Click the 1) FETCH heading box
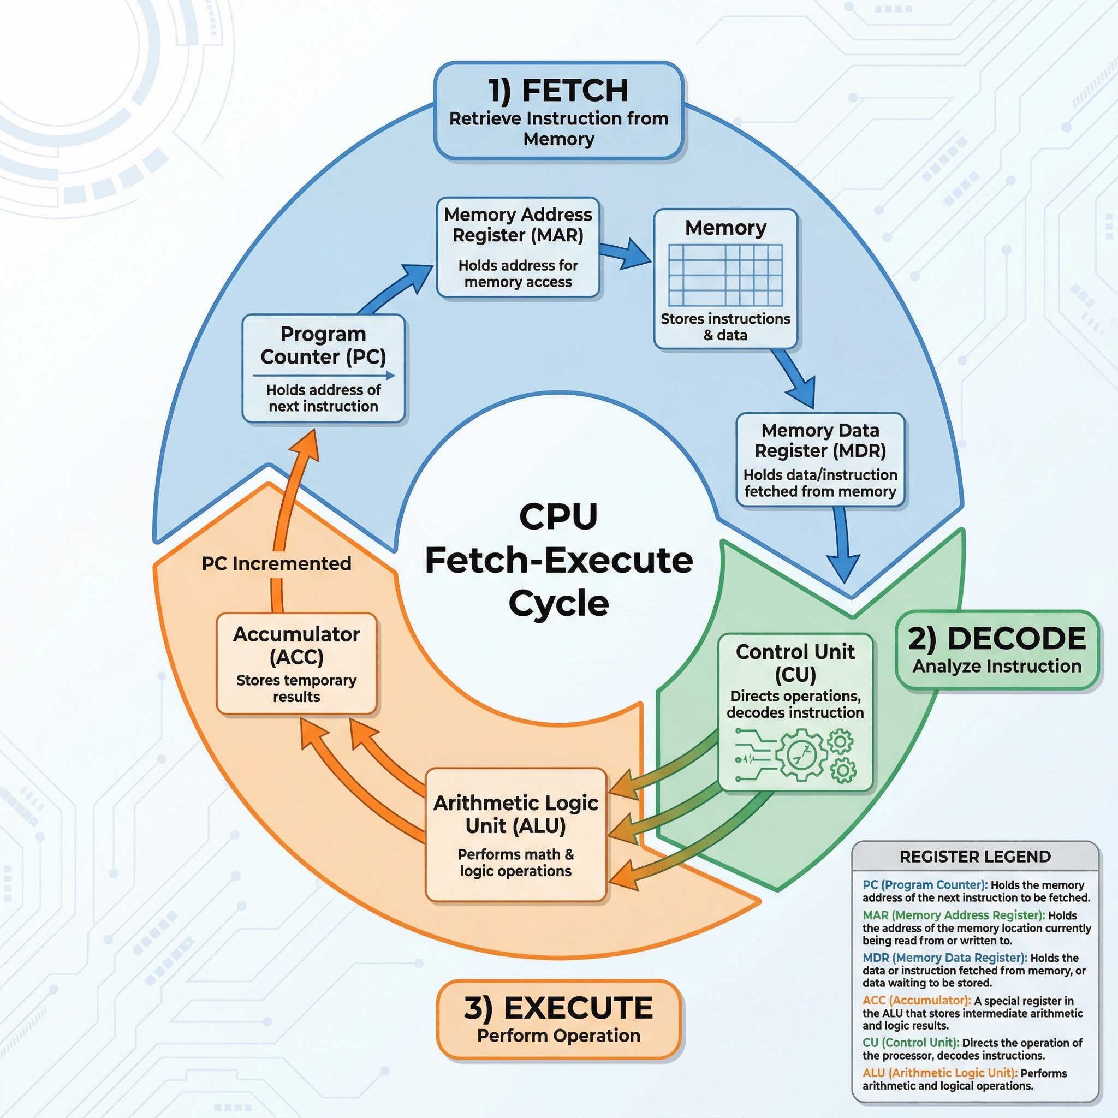click(x=558, y=111)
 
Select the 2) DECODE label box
click(x=996, y=650)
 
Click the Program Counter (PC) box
click(x=323, y=368)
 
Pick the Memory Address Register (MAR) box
click(x=518, y=248)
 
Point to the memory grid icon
click(x=725, y=275)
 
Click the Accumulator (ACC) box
click(x=296, y=664)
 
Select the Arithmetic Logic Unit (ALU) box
click(x=515, y=835)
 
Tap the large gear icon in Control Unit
click(x=802, y=754)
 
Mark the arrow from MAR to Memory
click(x=625, y=254)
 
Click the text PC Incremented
click(x=276, y=563)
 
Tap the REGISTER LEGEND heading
click(x=975, y=857)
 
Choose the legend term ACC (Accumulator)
click(x=916, y=1001)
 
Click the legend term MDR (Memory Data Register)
click(x=944, y=958)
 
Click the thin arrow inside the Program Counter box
click(x=323, y=376)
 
